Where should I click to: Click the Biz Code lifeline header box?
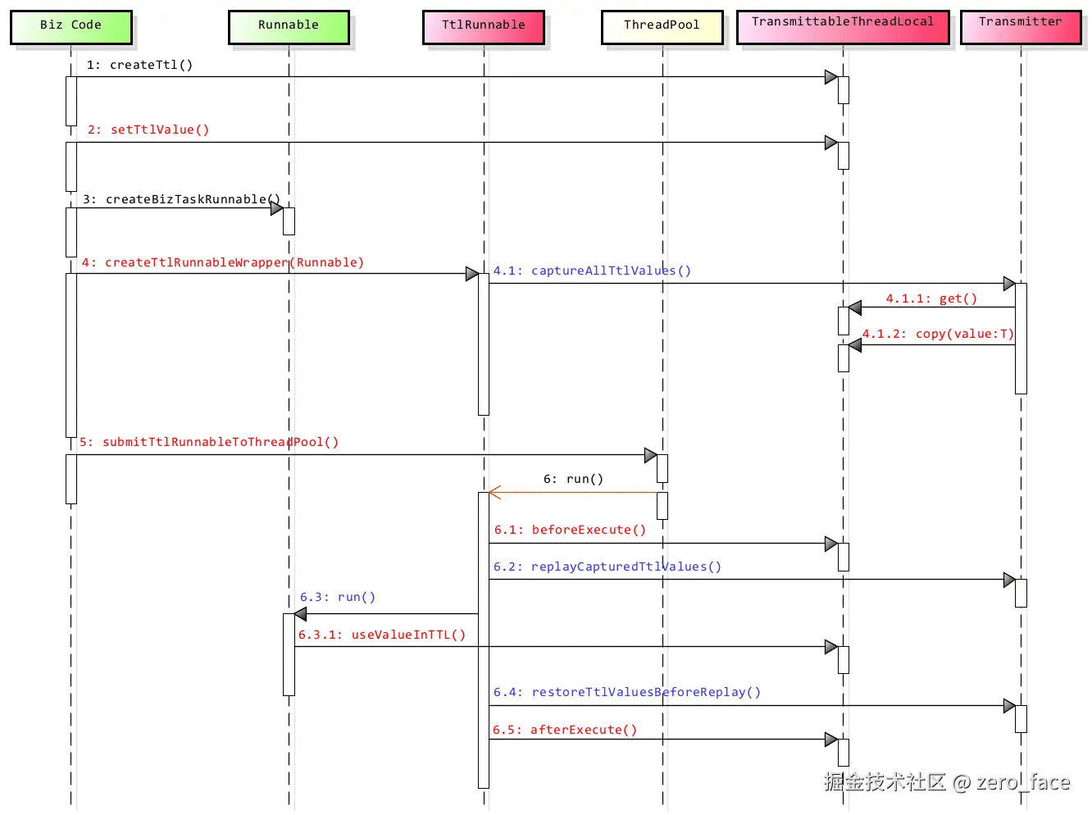(x=71, y=27)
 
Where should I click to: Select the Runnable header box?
(x=289, y=27)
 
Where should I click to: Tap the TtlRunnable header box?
(x=484, y=27)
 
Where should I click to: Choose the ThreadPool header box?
(x=662, y=27)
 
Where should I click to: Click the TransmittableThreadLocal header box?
(x=843, y=27)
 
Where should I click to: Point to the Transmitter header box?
(x=1021, y=27)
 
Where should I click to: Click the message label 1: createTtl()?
(x=140, y=65)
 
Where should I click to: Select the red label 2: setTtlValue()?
(x=148, y=130)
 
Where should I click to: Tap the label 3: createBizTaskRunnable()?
(x=181, y=199)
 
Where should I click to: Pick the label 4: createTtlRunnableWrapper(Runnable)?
(x=222, y=262)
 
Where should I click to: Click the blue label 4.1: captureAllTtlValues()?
(x=592, y=271)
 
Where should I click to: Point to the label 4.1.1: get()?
(x=931, y=298)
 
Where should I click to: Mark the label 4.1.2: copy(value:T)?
(x=938, y=334)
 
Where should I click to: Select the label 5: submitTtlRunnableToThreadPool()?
(x=209, y=442)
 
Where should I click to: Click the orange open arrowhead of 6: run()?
(x=494, y=493)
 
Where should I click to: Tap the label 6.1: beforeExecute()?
(x=570, y=530)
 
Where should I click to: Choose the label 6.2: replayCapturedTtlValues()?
(x=607, y=567)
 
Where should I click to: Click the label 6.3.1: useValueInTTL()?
(x=382, y=635)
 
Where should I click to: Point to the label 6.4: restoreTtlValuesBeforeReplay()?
(x=627, y=692)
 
